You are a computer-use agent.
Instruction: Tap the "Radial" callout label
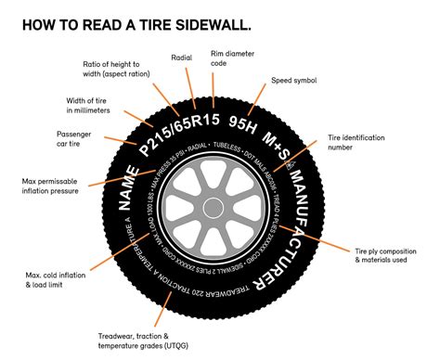pos(182,58)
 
